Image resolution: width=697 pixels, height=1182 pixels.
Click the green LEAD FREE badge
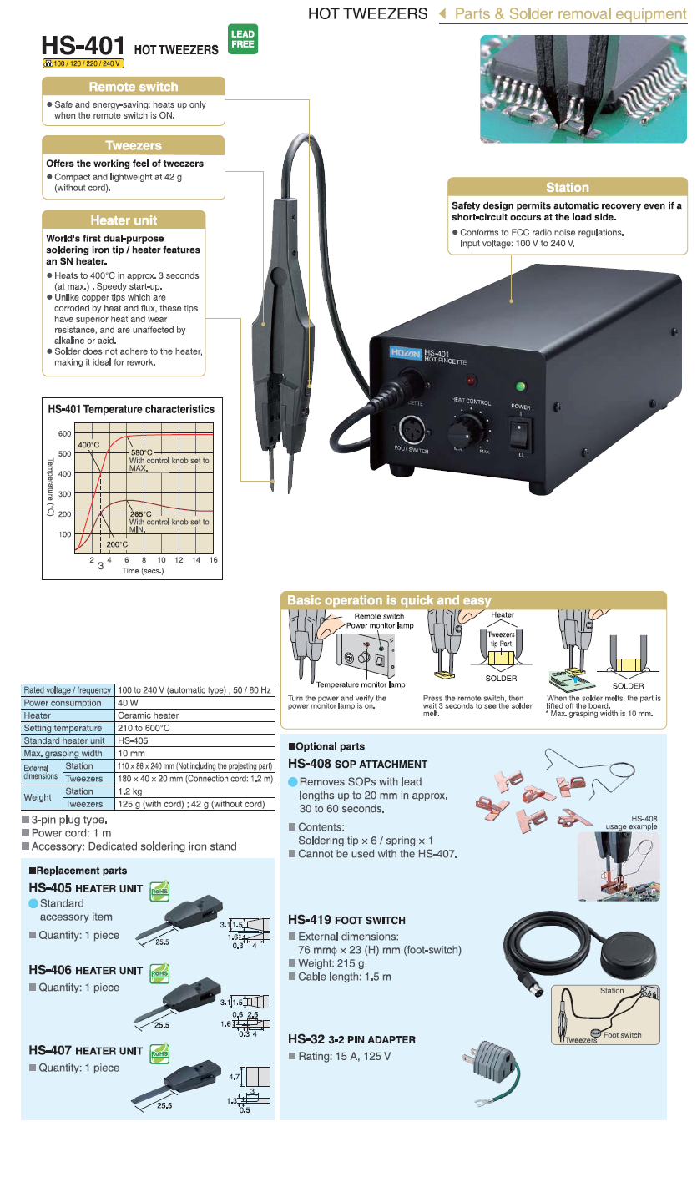click(242, 39)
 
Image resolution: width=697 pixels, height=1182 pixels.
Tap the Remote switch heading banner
click(134, 87)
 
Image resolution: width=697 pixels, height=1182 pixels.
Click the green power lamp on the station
click(521, 386)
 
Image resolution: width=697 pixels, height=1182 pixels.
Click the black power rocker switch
click(521, 432)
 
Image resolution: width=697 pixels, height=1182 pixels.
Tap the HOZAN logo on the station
click(406, 354)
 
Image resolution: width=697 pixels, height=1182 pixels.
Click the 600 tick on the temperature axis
click(65, 434)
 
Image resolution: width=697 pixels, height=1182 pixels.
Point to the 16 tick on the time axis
click(213, 560)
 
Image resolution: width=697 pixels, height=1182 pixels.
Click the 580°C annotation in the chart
click(141, 452)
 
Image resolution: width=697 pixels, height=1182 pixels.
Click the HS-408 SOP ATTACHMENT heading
click(357, 764)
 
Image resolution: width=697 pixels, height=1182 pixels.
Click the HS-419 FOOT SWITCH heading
click(346, 920)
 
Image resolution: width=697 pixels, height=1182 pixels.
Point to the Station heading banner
click(568, 188)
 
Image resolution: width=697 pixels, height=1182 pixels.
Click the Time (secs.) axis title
click(143, 571)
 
